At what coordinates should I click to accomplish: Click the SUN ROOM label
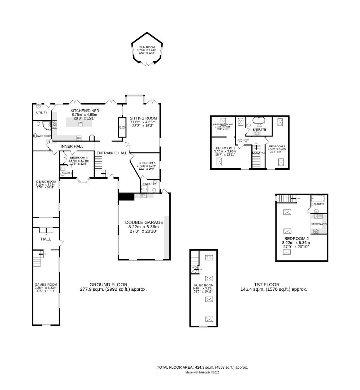tap(147, 47)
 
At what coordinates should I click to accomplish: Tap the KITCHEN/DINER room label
tap(85, 111)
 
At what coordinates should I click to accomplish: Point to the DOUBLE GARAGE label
tap(144, 222)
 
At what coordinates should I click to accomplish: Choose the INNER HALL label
tap(72, 146)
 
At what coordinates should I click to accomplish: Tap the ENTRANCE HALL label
tap(112, 153)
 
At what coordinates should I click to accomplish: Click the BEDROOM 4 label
tap(79, 158)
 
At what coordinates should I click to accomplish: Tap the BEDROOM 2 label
tap(296, 239)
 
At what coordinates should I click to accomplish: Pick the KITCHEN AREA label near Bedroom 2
tap(319, 224)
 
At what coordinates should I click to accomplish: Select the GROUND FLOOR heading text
tap(108, 285)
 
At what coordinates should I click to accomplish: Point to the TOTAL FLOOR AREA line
tap(202, 367)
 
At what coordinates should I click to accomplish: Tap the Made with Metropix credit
tap(202, 372)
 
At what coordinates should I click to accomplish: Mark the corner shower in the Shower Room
tap(46, 125)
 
